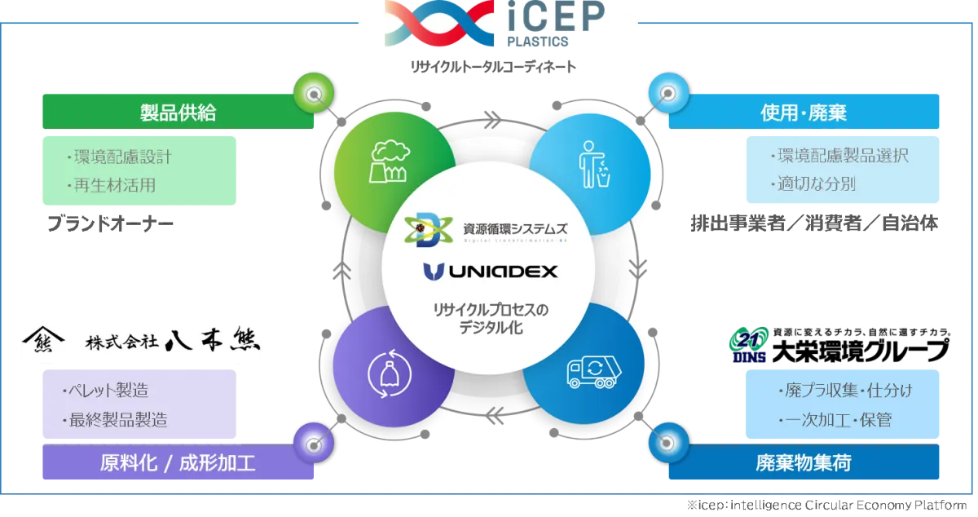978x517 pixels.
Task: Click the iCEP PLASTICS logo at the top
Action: (494, 24)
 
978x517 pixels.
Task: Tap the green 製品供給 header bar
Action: (178, 112)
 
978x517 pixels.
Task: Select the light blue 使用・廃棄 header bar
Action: (804, 112)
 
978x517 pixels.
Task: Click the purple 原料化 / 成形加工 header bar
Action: (178, 462)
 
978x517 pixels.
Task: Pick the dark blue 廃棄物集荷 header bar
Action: (804, 462)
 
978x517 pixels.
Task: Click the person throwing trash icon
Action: (594, 165)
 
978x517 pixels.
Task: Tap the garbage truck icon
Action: (594, 372)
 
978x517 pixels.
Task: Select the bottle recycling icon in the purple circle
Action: (390, 373)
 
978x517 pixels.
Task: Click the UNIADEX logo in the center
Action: (491, 272)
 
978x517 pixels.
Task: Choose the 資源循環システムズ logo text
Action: (515, 228)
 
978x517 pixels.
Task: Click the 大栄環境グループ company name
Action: (861, 351)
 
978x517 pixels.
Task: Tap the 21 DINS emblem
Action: (749, 345)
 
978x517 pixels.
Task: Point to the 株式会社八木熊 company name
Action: (173, 340)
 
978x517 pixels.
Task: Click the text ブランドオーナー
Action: (110, 223)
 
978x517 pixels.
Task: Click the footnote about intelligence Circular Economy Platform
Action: (827, 506)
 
